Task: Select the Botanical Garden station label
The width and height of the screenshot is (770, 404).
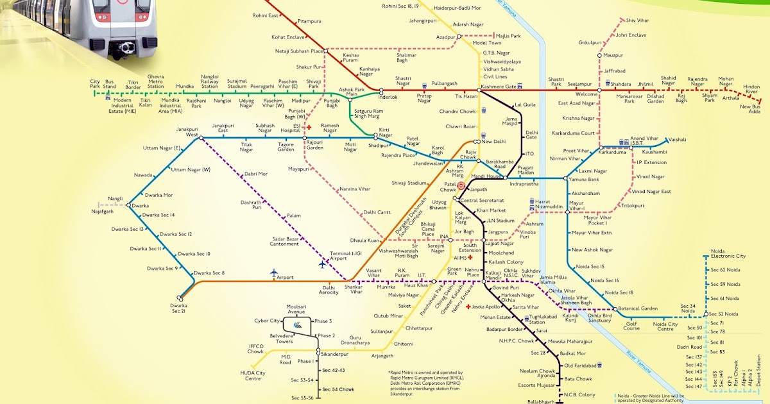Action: point(640,308)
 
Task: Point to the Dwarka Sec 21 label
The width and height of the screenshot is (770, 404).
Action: point(179,308)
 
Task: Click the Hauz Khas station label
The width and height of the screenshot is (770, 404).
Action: point(416,285)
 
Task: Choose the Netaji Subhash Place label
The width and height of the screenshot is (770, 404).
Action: point(298,50)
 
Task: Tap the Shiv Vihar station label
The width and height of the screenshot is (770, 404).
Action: point(638,21)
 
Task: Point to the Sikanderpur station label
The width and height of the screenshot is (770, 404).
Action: point(338,354)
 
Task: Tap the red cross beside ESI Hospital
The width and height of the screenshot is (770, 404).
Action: point(309,128)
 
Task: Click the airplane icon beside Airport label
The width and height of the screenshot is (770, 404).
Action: point(275,274)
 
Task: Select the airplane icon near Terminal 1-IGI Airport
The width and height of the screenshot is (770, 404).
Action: point(322,264)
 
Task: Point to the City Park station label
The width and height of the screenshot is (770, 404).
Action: point(95,82)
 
